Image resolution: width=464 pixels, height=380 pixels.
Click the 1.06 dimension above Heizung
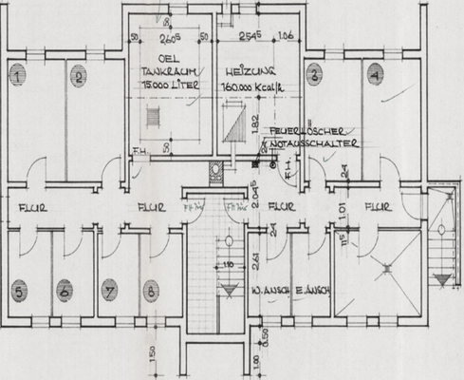click(283, 37)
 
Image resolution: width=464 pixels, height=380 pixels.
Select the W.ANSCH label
click(267, 292)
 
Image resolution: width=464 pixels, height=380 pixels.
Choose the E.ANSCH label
click(310, 292)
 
